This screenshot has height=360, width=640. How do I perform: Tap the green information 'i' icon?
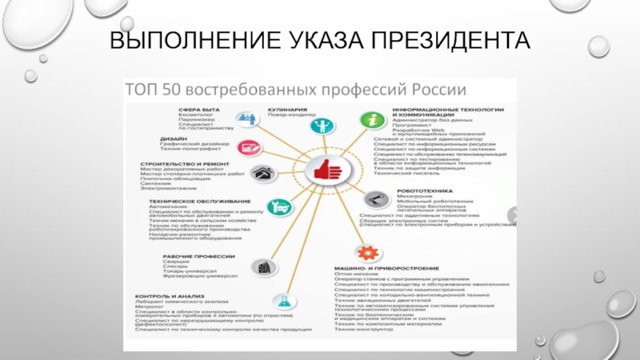[370, 120]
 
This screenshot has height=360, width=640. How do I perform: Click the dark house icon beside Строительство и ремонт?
[260, 174]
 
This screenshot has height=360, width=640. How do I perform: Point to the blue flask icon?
[281, 300]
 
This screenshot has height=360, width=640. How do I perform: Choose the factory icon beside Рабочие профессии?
[261, 266]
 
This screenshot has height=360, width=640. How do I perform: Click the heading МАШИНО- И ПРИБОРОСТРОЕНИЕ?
[386, 266]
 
